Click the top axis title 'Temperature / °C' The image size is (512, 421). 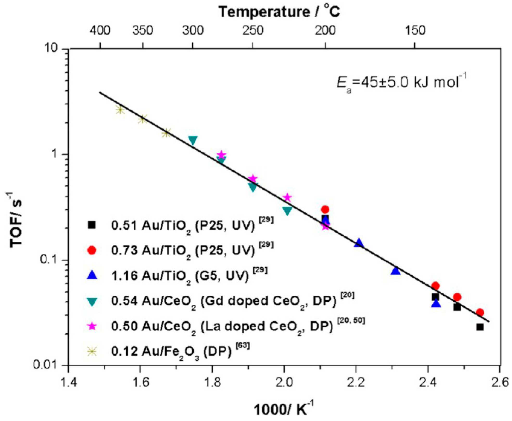(279, 11)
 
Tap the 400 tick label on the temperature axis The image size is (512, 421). (100, 30)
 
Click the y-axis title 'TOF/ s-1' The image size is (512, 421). (16, 220)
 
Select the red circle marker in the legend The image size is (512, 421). (92, 250)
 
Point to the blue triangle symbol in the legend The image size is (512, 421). (92, 275)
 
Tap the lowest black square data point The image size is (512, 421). (480, 327)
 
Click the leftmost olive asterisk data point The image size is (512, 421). (120, 110)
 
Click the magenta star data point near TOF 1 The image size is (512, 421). (221, 155)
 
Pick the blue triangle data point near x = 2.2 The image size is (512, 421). (359, 243)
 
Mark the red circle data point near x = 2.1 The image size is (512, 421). (325, 209)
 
